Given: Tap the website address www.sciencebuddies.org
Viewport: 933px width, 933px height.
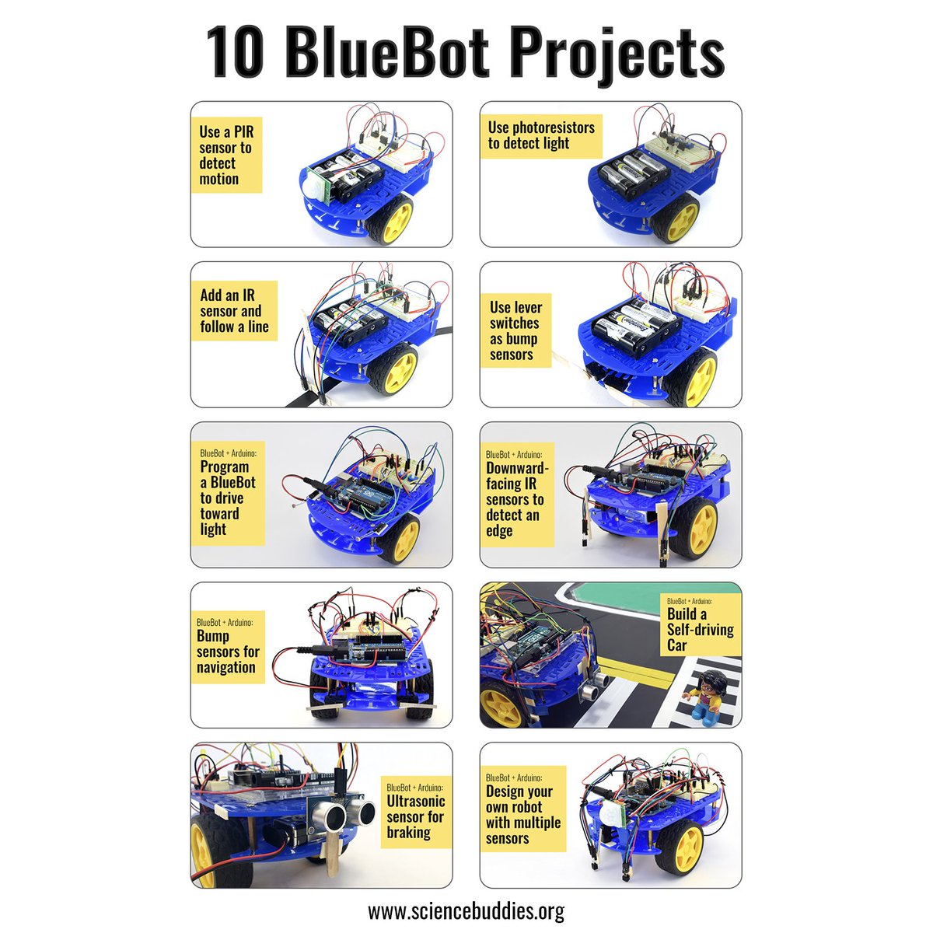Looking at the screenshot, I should click(x=466, y=910).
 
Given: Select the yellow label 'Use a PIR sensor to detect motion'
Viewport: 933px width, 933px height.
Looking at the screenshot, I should click(x=226, y=155).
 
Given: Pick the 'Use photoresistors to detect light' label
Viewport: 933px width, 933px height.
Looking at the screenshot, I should click(x=541, y=136).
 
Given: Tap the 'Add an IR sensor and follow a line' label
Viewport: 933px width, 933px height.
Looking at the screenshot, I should click(x=234, y=311).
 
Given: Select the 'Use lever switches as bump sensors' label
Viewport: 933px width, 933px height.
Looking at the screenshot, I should click(x=515, y=331).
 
